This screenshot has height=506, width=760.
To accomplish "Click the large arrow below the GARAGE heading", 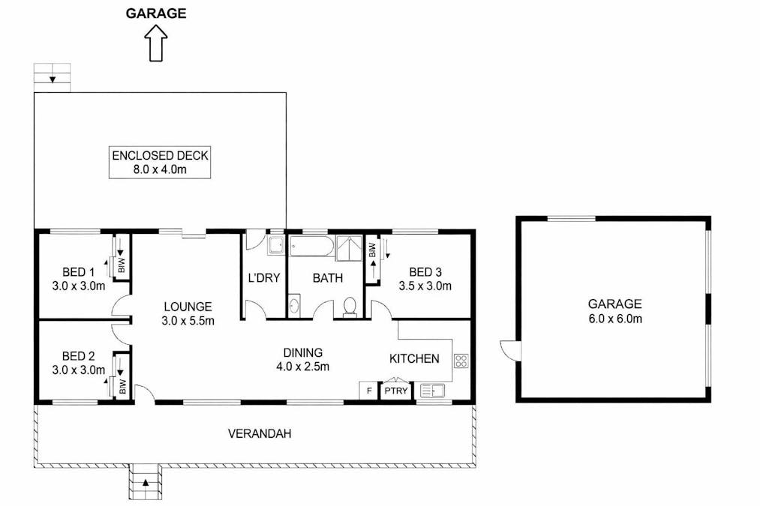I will [156, 42].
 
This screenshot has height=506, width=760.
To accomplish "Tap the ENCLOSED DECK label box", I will [160, 163].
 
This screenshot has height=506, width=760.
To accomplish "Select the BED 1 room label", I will [78, 278].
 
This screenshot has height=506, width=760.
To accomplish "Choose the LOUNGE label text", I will [188, 313].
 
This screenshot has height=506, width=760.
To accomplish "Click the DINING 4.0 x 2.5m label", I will [302, 359].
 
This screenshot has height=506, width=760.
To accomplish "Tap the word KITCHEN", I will [413, 358].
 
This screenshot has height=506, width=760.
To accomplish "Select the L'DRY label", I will [263, 278].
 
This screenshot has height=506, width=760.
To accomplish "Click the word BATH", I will [327, 278].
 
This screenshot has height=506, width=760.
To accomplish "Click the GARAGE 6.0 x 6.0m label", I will [614, 311].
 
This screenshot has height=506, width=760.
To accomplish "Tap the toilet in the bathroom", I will [349, 307].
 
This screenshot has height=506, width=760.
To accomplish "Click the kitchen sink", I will [431, 390].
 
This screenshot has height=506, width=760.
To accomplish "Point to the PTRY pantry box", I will [395, 391].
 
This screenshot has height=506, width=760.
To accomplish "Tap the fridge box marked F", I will [368, 391].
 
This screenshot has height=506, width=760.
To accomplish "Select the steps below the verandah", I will [146, 481].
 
